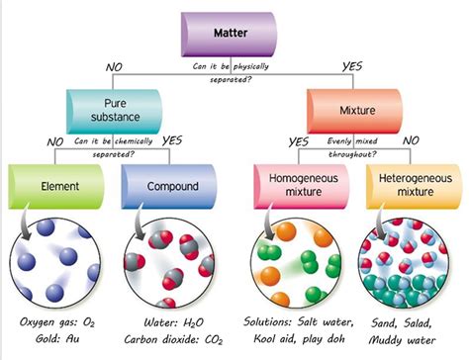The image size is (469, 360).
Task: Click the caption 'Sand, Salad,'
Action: click(x=407, y=321)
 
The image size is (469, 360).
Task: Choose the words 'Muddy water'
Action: click(x=407, y=341)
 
